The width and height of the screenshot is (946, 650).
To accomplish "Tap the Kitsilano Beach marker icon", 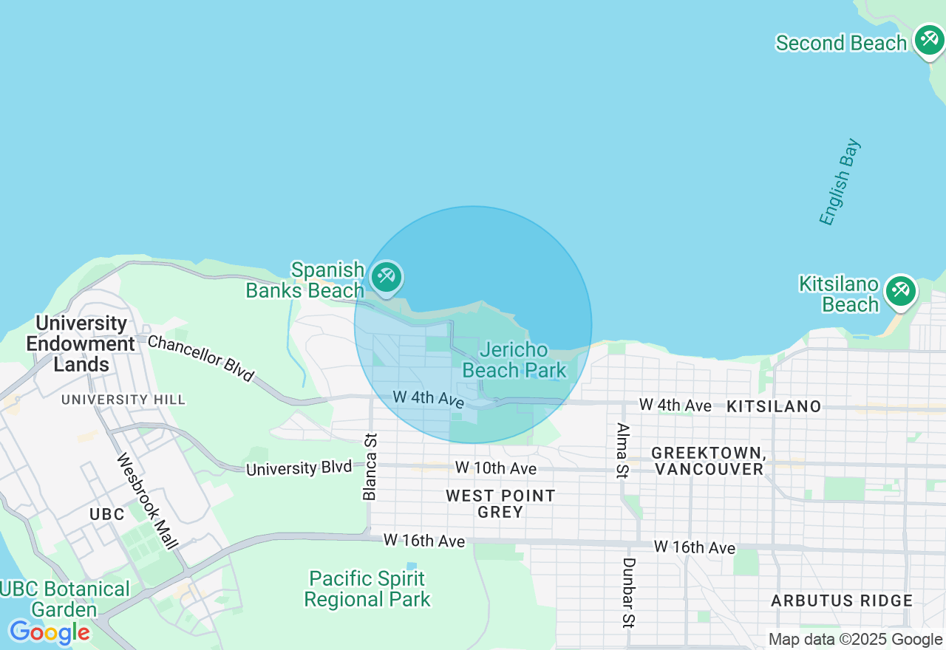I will (x=899, y=290).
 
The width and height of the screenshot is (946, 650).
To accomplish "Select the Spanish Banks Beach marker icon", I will (x=386, y=278).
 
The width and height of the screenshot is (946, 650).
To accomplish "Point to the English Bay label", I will (x=840, y=182).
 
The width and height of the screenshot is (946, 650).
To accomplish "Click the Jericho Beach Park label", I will (x=514, y=360).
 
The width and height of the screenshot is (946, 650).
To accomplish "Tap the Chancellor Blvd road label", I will (x=200, y=358).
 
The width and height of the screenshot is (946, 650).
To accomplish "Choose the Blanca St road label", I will (x=370, y=467).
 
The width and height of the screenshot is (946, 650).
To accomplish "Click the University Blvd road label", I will (x=299, y=468).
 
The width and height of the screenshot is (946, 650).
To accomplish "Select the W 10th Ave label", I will (x=495, y=468).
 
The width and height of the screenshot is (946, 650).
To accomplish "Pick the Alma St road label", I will (x=622, y=451).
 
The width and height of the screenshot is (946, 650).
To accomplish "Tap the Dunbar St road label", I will (x=627, y=592).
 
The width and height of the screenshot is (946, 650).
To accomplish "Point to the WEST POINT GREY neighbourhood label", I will (x=500, y=504).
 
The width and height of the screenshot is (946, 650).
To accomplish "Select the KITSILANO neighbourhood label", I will (x=774, y=406).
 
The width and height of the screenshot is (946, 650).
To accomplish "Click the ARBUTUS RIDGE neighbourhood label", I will (x=842, y=601).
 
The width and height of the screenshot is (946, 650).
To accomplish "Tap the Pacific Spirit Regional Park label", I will (x=367, y=589).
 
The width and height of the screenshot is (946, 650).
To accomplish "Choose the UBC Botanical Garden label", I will (x=65, y=599).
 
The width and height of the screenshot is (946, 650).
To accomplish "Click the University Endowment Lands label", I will (x=81, y=343).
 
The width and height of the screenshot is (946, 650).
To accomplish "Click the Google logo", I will (x=49, y=632).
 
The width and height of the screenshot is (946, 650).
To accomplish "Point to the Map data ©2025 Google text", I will (x=855, y=640).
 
